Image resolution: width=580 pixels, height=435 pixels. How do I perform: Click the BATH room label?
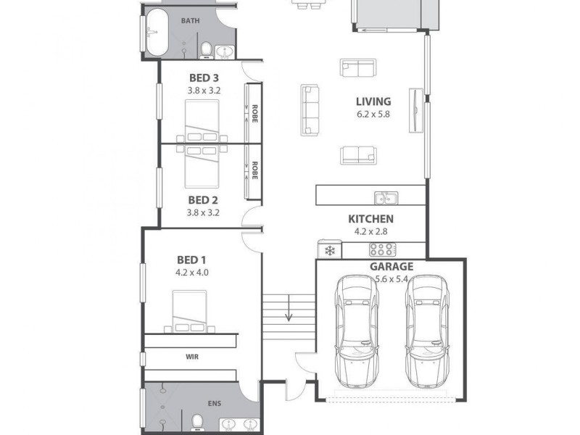pyautogui.click(x=190, y=21)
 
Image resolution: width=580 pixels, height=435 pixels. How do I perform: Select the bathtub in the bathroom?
pyautogui.click(x=154, y=33)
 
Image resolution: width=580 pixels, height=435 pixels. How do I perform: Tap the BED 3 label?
pyautogui.click(x=203, y=78)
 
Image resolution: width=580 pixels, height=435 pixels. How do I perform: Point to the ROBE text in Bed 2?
pyautogui.click(x=254, y=170)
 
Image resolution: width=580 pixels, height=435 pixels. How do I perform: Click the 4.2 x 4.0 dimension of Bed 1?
pyautogui.click(x=191, y=273)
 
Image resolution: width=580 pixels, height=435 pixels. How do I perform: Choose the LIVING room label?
pyautogui.click(x=373, y=101)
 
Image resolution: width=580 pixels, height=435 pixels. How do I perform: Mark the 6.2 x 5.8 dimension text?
pyautogui.click(x=373, y=115)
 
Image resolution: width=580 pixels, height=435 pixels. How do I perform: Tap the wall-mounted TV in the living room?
pyautogui.click(x=415, y=110)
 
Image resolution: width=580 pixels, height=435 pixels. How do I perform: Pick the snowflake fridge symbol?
pyautogui.click(x=328, y=251)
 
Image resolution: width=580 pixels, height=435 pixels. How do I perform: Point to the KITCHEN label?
pyautogui.click(x=370, y=219)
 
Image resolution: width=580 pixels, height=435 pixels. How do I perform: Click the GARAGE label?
pyautogui.click(x=390, y=266)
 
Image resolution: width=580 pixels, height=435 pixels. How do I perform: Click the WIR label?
pyautogui.click(x=192, y=357)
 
